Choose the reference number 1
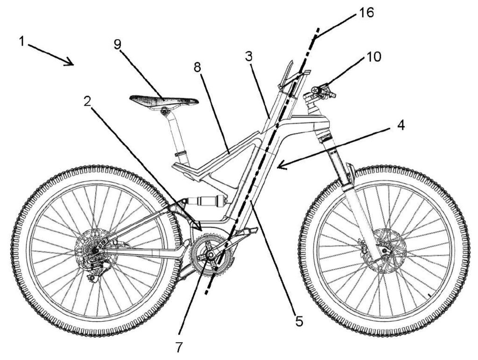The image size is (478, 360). click(21, 41)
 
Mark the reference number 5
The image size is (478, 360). click(299, 320)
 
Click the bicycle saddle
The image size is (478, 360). click(163, 99)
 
